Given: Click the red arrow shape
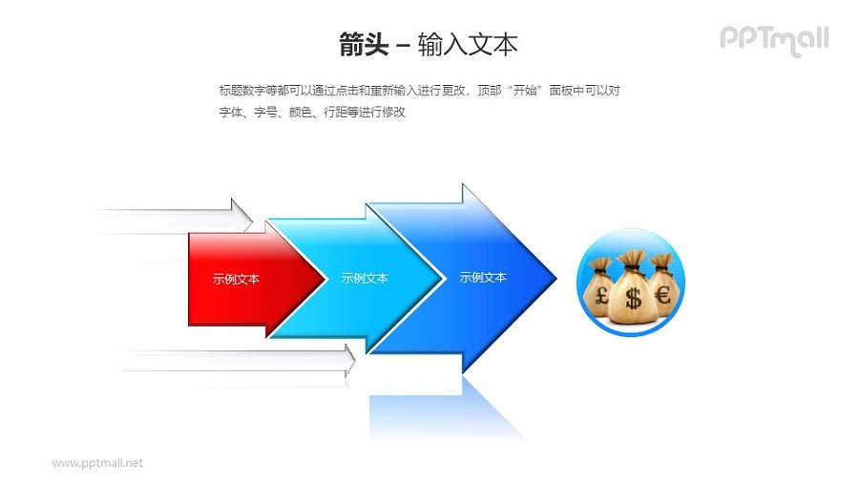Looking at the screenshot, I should pos(239,283).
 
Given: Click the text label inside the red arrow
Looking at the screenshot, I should pos(237,280).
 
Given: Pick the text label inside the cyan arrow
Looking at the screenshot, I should pos(365,279).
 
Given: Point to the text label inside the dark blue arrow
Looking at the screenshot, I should pos(483,278).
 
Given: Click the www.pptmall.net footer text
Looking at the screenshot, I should pos(97,463).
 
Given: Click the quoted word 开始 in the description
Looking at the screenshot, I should pos(522,91).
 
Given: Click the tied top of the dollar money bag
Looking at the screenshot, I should pos(631,261).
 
